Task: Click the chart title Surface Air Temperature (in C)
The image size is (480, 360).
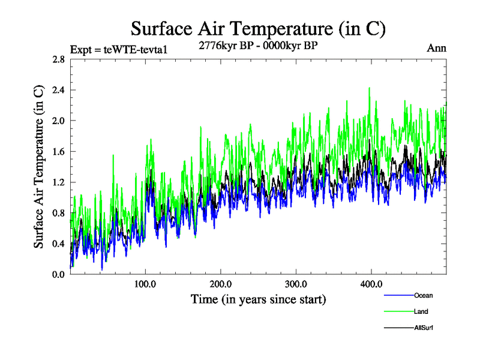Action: click(x=258, y=28)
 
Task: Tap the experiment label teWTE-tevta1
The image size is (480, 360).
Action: click(x=118, y=49)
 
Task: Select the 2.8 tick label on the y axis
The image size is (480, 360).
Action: click(x=58, y=59)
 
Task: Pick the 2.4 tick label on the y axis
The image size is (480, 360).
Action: click(x=58, y=90)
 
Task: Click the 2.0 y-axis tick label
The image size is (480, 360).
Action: click(x=58, y=121)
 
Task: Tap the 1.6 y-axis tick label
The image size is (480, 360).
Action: click(x=58, y=152)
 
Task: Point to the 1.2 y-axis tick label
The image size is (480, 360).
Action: click(x=58, y=182)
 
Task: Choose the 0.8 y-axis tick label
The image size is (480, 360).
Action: click(x=58, y=213)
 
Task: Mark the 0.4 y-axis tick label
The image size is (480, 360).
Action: click(x=58, y=244)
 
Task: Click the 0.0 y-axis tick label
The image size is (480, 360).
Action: click(x=58, y=274)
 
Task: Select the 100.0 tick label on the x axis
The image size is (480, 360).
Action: click(x=145, y=283)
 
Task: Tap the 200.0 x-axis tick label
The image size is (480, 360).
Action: click(x=221, y=283)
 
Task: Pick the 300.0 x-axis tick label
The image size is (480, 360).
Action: click(x=296, y=283)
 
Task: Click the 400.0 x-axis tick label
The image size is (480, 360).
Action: click(x=371, y=283)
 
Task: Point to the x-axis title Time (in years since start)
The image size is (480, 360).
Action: click(x=258, y=299)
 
